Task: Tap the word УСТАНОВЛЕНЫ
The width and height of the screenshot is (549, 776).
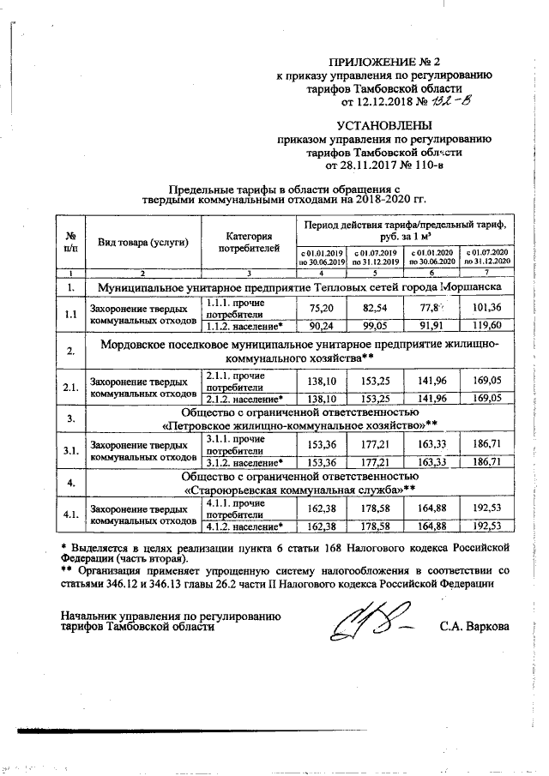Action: point(383,126)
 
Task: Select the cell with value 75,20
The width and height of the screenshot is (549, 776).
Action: point(321,309)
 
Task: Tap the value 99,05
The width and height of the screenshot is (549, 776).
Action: point(376,326)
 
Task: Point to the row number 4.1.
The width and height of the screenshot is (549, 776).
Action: point(73,513)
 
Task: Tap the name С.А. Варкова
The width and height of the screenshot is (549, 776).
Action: point(474,626)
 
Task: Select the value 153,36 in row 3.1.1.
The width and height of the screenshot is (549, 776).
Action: point(321,444)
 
